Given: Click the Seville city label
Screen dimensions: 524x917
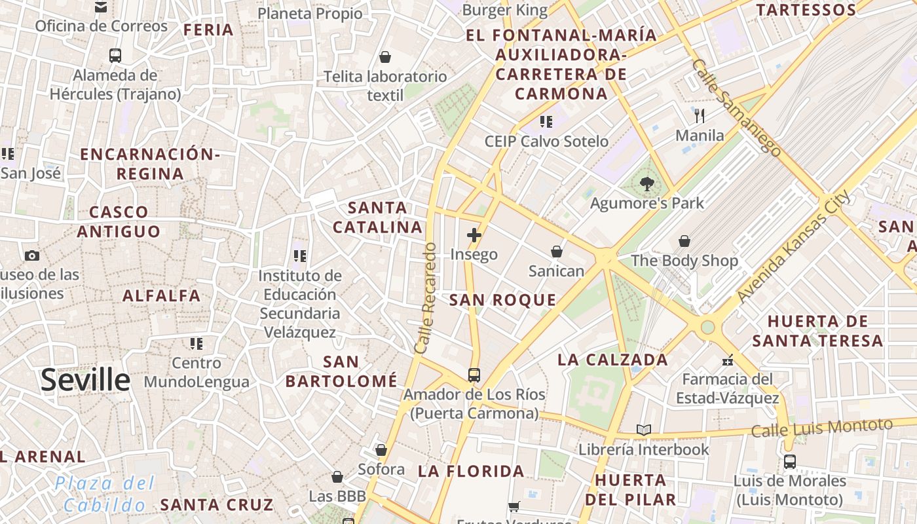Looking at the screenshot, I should [85, 381].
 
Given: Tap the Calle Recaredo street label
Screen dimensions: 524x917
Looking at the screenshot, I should [426, 298].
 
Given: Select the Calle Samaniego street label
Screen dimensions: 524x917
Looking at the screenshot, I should [736, 108].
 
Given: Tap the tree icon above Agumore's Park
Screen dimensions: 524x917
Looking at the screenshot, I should [647, 184].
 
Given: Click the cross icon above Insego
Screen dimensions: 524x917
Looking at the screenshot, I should [474, 235].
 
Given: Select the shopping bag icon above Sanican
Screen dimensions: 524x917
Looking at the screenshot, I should [556, 252].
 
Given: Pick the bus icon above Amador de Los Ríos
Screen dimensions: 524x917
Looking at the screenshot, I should [474, 375].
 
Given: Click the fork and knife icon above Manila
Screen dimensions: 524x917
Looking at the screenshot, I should [700, 116].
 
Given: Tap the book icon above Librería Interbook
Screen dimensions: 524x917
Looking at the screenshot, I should [644, 430].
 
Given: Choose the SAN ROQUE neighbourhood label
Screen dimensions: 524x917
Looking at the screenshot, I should [502, 301].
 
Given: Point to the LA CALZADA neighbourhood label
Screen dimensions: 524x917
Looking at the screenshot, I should [612, 360].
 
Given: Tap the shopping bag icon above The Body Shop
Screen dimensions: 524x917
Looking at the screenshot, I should [684, 242].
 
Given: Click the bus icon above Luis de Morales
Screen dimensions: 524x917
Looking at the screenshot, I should [790, 462].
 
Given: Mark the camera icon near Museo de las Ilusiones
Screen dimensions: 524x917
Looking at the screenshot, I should [31, 255].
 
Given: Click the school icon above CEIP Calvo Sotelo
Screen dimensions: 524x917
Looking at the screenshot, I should [546, 122].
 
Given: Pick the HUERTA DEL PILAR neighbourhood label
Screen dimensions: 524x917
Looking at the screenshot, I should [631, 489].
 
